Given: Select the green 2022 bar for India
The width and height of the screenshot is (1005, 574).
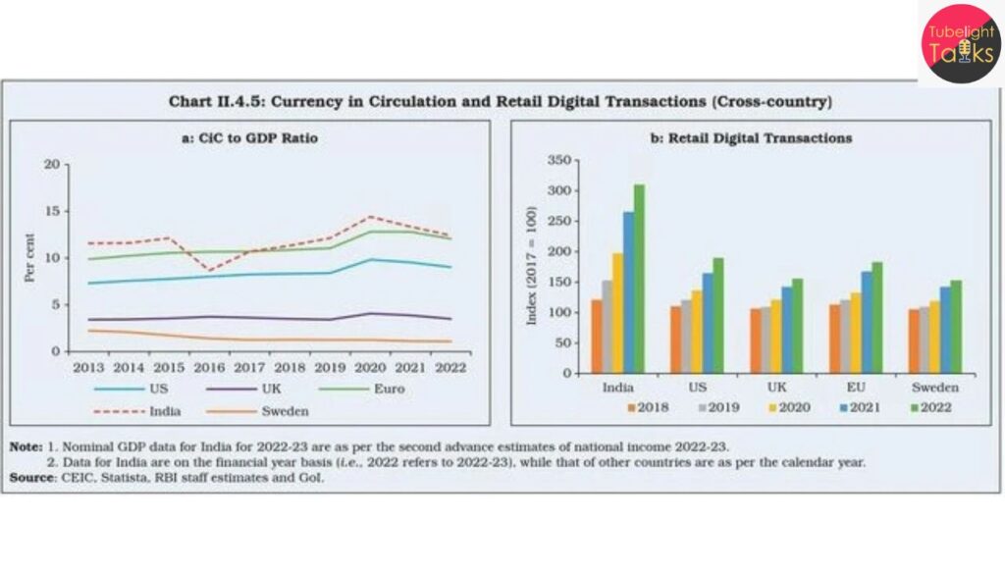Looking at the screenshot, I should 639,279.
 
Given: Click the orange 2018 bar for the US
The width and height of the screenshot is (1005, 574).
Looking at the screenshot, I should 675,339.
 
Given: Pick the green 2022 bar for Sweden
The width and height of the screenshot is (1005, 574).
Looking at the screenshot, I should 956,327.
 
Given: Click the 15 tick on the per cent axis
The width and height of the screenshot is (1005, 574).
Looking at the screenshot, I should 51,211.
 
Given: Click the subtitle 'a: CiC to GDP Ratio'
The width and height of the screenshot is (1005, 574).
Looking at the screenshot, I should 250,138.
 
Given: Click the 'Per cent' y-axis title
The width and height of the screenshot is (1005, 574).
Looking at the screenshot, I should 29,258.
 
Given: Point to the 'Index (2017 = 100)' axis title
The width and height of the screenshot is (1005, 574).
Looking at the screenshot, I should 533,266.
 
